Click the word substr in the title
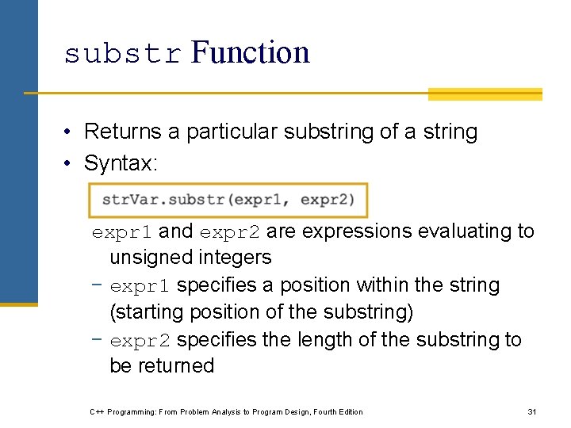(x=123, y=54)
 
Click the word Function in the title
(x=250, y=52)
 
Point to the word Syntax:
(x=121, y=163)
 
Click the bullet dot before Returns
(x=71, y=132)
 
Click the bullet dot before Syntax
(x=71, y=164)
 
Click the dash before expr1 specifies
(x=98, y=285)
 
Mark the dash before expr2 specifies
(x=98, y=339)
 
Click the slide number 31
(x=532, y=411)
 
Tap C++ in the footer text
(x=98, y=411)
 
